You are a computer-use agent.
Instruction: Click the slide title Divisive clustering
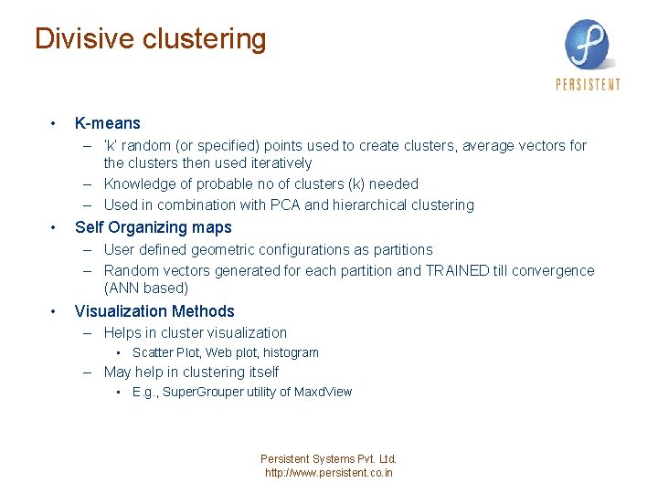click(150, 39)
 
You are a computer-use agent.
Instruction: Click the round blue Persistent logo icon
click(587, 44)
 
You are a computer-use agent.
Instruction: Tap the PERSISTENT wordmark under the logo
click(588, 85)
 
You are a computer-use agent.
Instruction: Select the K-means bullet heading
click(108, 123)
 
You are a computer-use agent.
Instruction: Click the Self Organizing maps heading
click(154, 227)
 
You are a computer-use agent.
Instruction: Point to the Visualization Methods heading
click(154, 311)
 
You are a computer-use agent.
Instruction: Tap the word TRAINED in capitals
click(458, 270)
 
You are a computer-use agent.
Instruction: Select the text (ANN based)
click(146, 288)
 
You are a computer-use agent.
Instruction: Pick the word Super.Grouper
click(204, 392)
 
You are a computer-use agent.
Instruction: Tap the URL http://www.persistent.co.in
click(329, 473)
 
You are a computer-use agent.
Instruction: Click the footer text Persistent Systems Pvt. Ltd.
click(329, 459)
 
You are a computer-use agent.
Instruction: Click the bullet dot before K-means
click(55, 123)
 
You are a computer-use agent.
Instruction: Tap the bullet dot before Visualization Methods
click(55, 311)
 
